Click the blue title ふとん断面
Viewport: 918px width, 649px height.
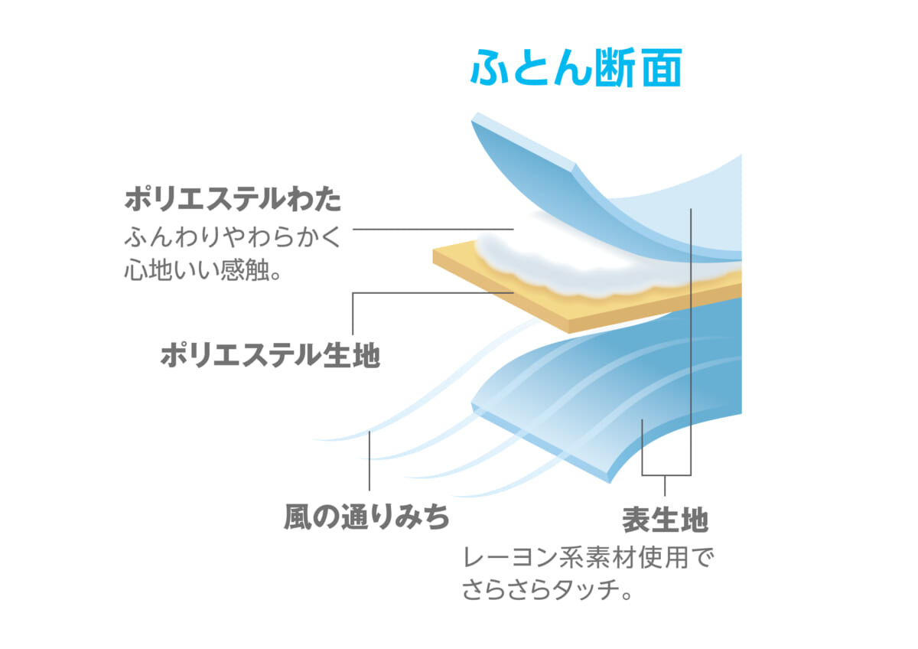pos(576,67)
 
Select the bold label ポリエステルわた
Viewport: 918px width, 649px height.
pos(233,200)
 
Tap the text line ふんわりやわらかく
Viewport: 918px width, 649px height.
pos(233,237)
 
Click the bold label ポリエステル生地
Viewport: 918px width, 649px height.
pos(270,355)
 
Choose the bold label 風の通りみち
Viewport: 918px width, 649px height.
pos(366,517)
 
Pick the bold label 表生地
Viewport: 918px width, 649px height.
pos(665,520)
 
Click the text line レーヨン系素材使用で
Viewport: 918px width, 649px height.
pos(588,559)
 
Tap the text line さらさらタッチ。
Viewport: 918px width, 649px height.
pos(548,590)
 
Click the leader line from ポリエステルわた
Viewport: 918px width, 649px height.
pos(433,229)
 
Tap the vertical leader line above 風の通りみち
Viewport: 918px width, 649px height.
pos(369,461)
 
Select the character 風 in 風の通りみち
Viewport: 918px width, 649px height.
pos(298,517)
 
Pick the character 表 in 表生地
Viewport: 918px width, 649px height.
pos(636,520)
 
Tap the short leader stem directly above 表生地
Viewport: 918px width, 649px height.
pos(665,485)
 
